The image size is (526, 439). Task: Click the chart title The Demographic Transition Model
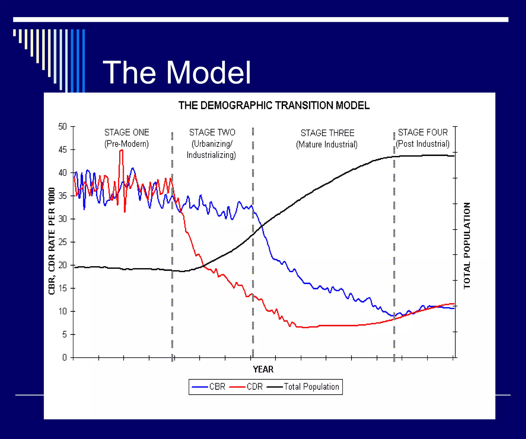click(274, 105)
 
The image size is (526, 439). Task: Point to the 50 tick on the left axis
click(62, 127)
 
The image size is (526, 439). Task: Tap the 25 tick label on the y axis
click(62, 242)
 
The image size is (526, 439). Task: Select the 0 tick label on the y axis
click(64, 357)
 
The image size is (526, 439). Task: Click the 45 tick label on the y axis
click(62, 150)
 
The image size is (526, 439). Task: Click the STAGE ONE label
click(127, 132)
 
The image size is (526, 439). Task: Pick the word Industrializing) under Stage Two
click(211, 155)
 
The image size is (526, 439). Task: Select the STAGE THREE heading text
click(327, 133)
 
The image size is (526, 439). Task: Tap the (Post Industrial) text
click(422, 144)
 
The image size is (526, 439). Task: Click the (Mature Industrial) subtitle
click(327, 145)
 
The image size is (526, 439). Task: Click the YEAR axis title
click(263, 369)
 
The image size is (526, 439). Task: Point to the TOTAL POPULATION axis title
click(467, 246)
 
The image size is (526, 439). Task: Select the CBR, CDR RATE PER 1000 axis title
click(52, 241)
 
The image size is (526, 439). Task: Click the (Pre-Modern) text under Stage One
click(127, 144)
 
